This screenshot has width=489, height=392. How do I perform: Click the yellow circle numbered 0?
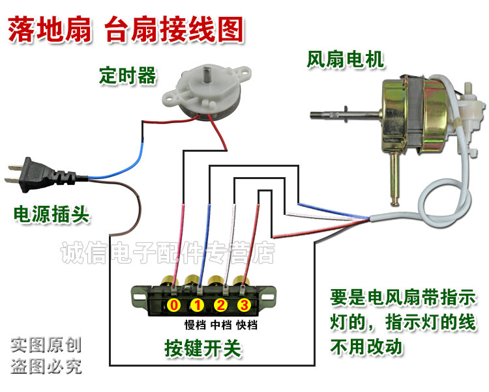pyautogui.click(x=173, y=305)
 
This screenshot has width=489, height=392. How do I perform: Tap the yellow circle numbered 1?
pyautogui.click(x=197, y=305)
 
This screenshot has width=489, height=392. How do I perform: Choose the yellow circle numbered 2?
pyautogui.click(x=220, y=305)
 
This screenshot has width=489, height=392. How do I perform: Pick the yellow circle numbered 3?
pyautogui.click(x=243, y=305)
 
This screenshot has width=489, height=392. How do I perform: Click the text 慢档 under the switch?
pyautogui.click(x=195, y=323)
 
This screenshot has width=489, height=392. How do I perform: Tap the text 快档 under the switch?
pyautogui.click(x=246, y=323)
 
